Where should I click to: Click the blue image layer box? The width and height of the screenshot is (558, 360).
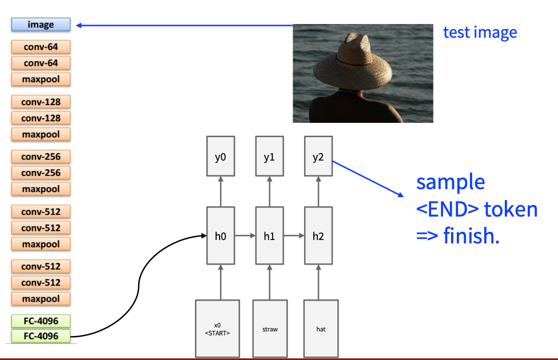pos(41,25)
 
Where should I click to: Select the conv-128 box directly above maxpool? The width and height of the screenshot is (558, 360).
pos(41,118)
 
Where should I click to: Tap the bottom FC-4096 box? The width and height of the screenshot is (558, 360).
pos(41,336)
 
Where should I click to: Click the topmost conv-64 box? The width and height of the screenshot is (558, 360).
pos(41,47)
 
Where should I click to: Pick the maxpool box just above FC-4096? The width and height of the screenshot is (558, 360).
pos(41,299)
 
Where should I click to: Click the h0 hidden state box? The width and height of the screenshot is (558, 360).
pos(220,235)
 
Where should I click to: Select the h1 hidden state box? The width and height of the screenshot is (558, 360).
pos(269,235)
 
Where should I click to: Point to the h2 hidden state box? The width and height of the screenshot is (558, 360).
pos(318,235)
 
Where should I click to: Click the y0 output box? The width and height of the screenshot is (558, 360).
pos(220,157)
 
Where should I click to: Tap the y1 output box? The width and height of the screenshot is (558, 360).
pos(269,157)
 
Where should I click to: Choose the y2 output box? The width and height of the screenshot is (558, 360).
pos(318,157)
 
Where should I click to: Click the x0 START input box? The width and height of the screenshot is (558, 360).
pos(217,329)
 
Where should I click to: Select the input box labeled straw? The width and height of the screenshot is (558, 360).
pos(270,329)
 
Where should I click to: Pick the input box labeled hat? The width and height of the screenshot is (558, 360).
pos(321,329)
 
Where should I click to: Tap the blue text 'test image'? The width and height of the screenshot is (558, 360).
pos(480,32)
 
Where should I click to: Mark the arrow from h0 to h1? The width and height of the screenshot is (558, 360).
pos(245,235)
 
